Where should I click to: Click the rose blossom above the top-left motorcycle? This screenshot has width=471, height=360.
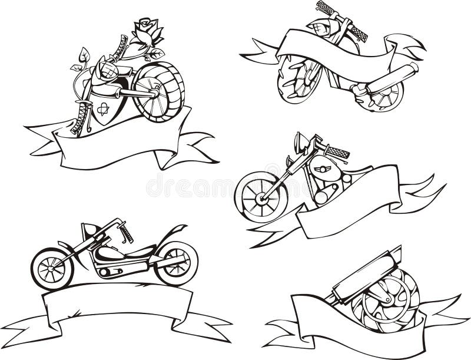147,31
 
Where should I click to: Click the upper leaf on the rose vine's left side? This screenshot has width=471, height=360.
84,55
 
